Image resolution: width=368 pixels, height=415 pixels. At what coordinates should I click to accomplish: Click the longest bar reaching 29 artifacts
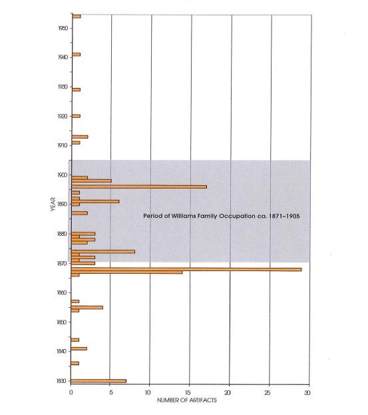tap(186, 269)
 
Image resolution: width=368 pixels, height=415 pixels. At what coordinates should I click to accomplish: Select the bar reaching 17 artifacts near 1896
tap(139, 187)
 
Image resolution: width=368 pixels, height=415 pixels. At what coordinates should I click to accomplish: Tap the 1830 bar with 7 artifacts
tap(98, 381)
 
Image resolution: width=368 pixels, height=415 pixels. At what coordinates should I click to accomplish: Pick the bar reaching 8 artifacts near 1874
tap(103, 251)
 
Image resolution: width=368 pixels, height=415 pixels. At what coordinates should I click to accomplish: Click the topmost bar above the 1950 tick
tap(77, 17)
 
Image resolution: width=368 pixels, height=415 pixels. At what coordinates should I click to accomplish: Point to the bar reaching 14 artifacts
tap(126, 272)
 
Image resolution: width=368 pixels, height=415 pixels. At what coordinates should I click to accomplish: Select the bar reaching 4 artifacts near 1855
tap(87, 307)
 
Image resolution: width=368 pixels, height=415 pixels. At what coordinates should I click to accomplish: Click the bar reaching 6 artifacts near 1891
tap(95, 201)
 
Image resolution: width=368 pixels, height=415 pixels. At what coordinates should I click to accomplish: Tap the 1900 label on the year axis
tap(63, 175)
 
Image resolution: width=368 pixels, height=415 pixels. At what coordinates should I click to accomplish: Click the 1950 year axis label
tap(63, 28)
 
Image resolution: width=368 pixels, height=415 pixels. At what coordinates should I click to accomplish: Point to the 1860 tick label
tap(62, 292)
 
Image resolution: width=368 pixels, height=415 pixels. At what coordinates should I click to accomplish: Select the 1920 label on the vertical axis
tap(63, 116)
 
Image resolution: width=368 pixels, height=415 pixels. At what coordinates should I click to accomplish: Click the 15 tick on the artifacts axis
tap(188, 393)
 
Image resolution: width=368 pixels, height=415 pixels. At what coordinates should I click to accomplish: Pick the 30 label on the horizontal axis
tap(307, 393)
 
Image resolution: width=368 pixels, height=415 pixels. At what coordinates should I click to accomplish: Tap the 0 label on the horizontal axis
tap(71, 392)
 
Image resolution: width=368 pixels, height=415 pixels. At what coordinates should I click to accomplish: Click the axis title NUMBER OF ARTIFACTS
tap(187, 400)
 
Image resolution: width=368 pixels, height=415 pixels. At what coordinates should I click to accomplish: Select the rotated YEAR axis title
tap(53, 204)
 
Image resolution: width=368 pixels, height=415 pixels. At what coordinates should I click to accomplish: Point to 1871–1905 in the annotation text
tap(284, 216)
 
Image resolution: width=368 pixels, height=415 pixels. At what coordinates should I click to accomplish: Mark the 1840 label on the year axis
tap(61, 351)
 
